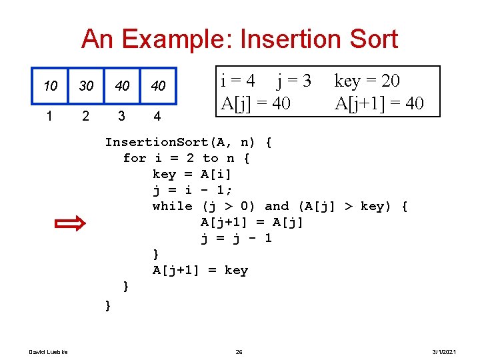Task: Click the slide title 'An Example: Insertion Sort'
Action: click(239, 39)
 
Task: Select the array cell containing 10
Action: click(50, 86)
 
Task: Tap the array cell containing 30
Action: click(86, 86)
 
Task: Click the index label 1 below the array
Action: click(49, 116)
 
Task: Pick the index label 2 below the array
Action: click(85, 116)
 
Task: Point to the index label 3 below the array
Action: click(121, 116)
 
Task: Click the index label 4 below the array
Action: click(157, 116)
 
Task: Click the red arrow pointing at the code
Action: click(69, 223)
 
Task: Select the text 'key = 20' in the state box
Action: click(367, 81)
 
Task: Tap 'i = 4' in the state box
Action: click(237, 81)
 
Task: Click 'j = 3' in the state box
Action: click(294, 81)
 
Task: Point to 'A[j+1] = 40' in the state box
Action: click(379, 103)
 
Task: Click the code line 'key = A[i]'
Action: click(192, 174)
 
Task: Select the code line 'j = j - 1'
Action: click(236, 238)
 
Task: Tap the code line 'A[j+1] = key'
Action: click(200, 270)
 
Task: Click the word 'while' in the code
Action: click(172, 206)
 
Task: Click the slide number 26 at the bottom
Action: click(239, 351)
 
